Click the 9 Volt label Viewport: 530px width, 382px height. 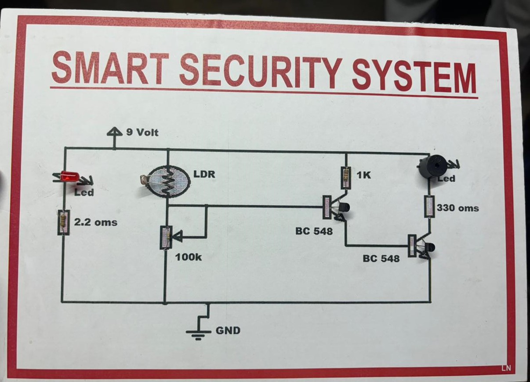(x=142, y=132)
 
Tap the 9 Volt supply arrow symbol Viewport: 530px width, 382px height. (x=115, y=133)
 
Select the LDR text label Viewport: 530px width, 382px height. (x=204, y=174)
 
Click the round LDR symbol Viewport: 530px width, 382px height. (x=166, y=182)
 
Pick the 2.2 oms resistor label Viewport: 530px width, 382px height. (x=95, y=222)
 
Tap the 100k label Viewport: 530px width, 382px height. (x=189, y=257)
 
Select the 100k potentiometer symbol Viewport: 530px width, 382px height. (x=166, y=238)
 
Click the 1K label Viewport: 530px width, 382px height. (x=364, y=175)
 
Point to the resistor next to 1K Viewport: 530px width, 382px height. (x=346, y=177)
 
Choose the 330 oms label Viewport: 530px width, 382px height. (x=457, y=208)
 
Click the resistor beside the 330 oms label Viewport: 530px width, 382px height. (x=429, y=206)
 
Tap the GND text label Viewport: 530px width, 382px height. (x=228, y=331)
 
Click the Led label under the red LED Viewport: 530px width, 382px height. (x=83, y=192)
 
